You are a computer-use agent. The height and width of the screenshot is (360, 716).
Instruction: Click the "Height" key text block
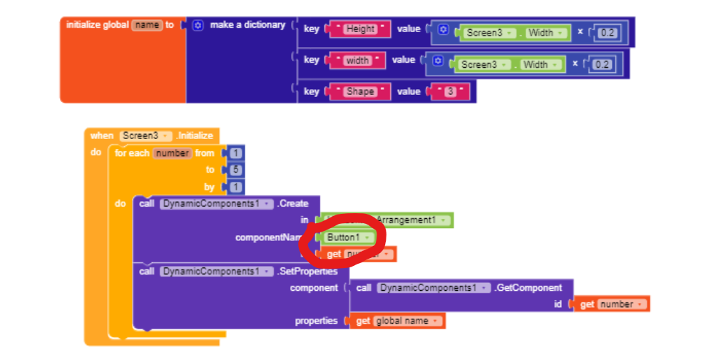coord(359,29)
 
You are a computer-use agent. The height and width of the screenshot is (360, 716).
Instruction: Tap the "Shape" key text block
coord(359,91)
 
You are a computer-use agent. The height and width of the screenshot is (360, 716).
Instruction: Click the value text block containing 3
coord(450,91)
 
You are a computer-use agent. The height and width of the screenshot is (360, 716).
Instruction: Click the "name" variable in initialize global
coord(146,25)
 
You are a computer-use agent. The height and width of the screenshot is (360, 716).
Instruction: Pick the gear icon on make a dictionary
coord(198,25)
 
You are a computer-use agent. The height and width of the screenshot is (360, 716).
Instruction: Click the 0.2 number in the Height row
coord(608,33)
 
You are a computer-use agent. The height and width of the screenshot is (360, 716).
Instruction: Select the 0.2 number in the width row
coord(602,65)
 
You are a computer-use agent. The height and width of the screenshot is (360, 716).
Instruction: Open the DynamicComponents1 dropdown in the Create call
coord(217,204)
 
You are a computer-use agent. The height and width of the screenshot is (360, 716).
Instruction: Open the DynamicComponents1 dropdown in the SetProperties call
coord(217,272)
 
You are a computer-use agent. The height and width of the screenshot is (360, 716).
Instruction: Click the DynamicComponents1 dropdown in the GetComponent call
coord(434,288)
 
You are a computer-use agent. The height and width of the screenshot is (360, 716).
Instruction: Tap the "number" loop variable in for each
coord(173,153)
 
